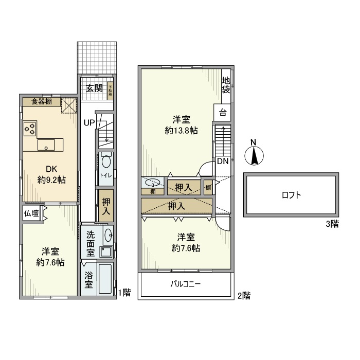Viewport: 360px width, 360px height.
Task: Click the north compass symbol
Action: (253, 154)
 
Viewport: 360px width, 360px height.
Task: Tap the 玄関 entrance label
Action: (94, 88)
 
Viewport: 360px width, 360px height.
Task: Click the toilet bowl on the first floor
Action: (106, 162)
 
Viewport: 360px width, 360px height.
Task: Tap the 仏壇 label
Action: (31, 213)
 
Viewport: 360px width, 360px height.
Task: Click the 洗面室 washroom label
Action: (91, 244)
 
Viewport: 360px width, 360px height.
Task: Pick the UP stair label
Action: (89, 123)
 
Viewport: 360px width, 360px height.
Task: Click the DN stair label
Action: (223, 161)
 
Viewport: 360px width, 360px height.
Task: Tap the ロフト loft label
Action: (291, 195)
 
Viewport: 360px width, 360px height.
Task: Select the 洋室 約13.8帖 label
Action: (182, 125)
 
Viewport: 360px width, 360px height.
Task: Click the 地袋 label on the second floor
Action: (226, 85)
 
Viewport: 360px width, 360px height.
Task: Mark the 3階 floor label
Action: (331, 224)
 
